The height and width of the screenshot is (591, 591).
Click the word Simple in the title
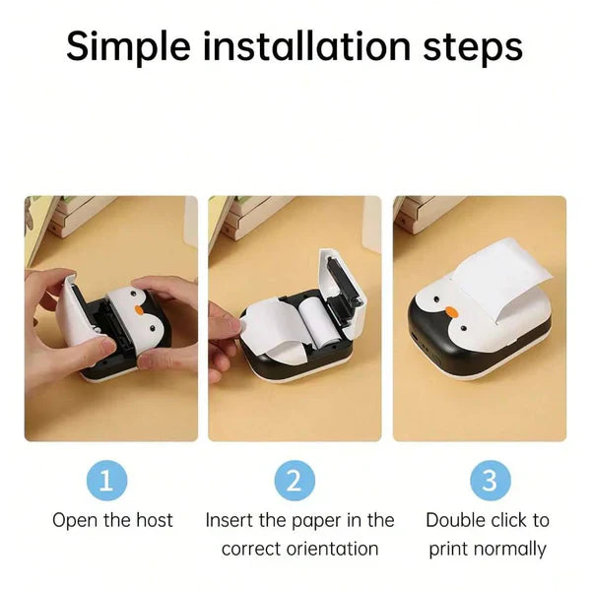point(133,46)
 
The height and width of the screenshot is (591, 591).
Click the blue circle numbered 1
point(112,481)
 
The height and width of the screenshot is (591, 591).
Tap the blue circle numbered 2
point(294,481)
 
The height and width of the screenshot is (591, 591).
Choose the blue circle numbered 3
point(490,481)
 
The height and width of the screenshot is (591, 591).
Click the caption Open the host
point(112,520)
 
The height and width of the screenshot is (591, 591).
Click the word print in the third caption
point(448,549)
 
